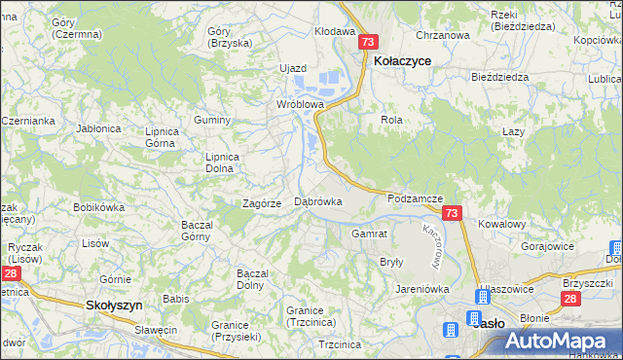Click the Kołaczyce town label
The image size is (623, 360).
pyautogui.click(x=403, y=60)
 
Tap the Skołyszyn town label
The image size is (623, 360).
pyautogui.click(x=115, y=305)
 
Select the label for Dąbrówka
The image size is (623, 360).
pyautogui.click(x=318, y=201)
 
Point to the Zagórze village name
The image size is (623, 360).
pyautogui.click(x=262, y=203)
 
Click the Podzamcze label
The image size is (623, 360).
pyautogui.click(x=416, y=198)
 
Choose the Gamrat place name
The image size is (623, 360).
pyautogui.click(x=370, y=234)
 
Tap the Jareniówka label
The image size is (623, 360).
pyautogui.click(x=421, y=289)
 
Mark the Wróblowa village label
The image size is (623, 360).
pyautogui.click(x=299, y=102)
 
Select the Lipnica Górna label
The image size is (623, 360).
pyautogui.click(x=161, y=136)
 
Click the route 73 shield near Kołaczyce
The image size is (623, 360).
pyautogui.click(x=368, y=43)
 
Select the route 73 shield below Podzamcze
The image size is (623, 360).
pyautogui.click(x=451, y=213)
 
